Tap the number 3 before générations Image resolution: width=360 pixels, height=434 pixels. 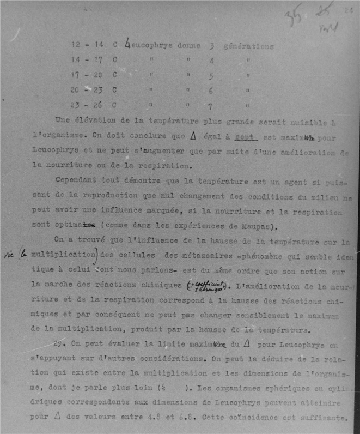click(x=211, y=47)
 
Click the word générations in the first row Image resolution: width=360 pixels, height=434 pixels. click(x=248, y=46)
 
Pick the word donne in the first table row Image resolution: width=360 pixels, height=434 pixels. click(x=188, y=46)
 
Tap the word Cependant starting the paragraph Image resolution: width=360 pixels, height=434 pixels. click(x=76, y=179)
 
